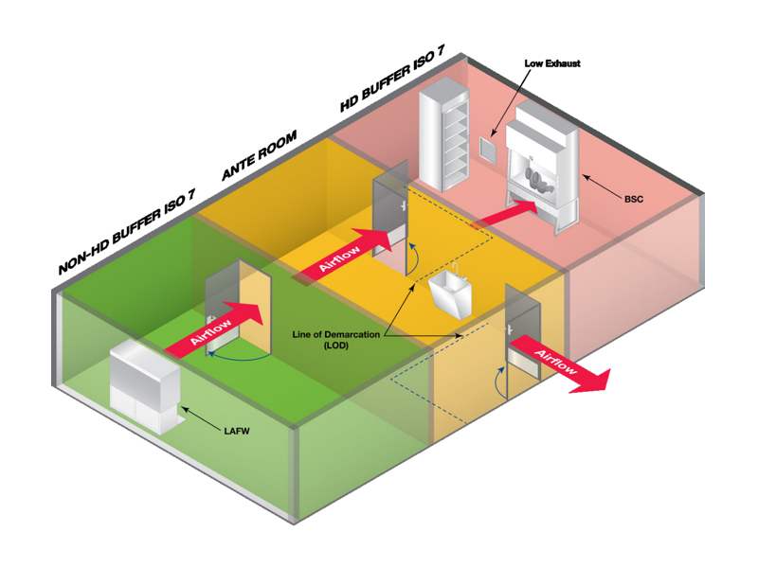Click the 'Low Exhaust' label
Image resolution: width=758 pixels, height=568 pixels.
[552, 63]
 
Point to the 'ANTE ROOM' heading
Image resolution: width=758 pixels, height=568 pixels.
[259, 155]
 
